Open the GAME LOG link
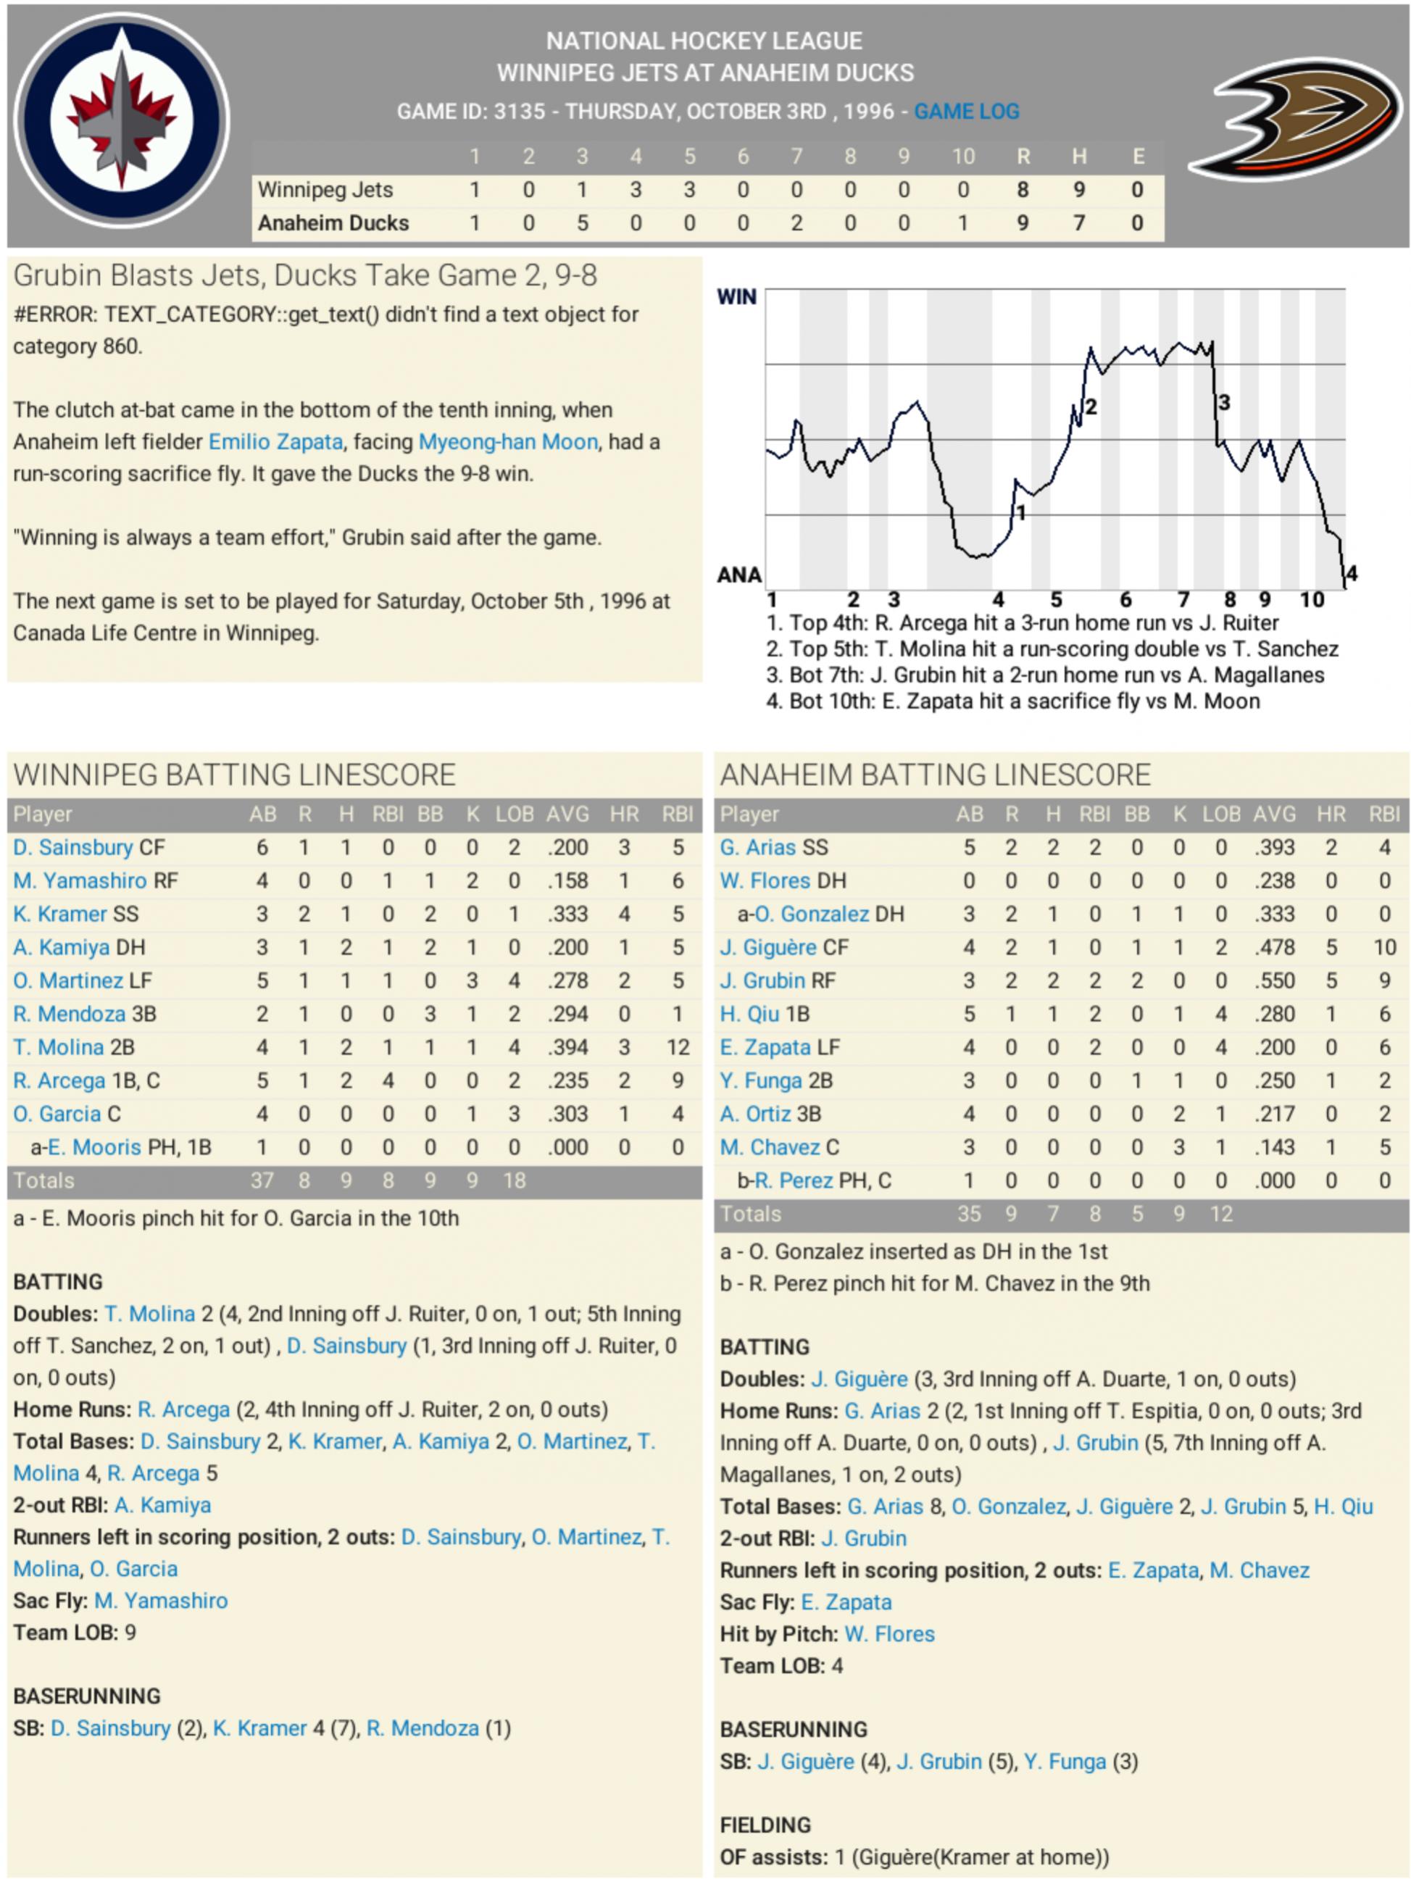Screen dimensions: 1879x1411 point(966,112)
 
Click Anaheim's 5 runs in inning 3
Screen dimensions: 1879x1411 point(582,222)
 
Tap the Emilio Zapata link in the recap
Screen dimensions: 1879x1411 point(275,442)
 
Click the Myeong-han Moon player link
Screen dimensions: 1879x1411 point(508,442)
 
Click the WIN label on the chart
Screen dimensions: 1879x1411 point(736,296)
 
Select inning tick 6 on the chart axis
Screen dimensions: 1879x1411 point(1125,600)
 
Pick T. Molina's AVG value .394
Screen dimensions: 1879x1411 point(567,1047)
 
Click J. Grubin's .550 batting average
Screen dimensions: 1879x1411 point(1274,980)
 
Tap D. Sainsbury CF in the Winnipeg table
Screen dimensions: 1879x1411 point(88,847)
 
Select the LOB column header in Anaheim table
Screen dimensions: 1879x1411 point(1220,814)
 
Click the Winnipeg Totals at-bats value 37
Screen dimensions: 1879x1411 point(262,1180)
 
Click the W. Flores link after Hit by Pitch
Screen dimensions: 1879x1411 point(888,1633)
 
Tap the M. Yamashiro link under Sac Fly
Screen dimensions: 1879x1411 point(161,1601)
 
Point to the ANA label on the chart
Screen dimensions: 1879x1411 point(739,575)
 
